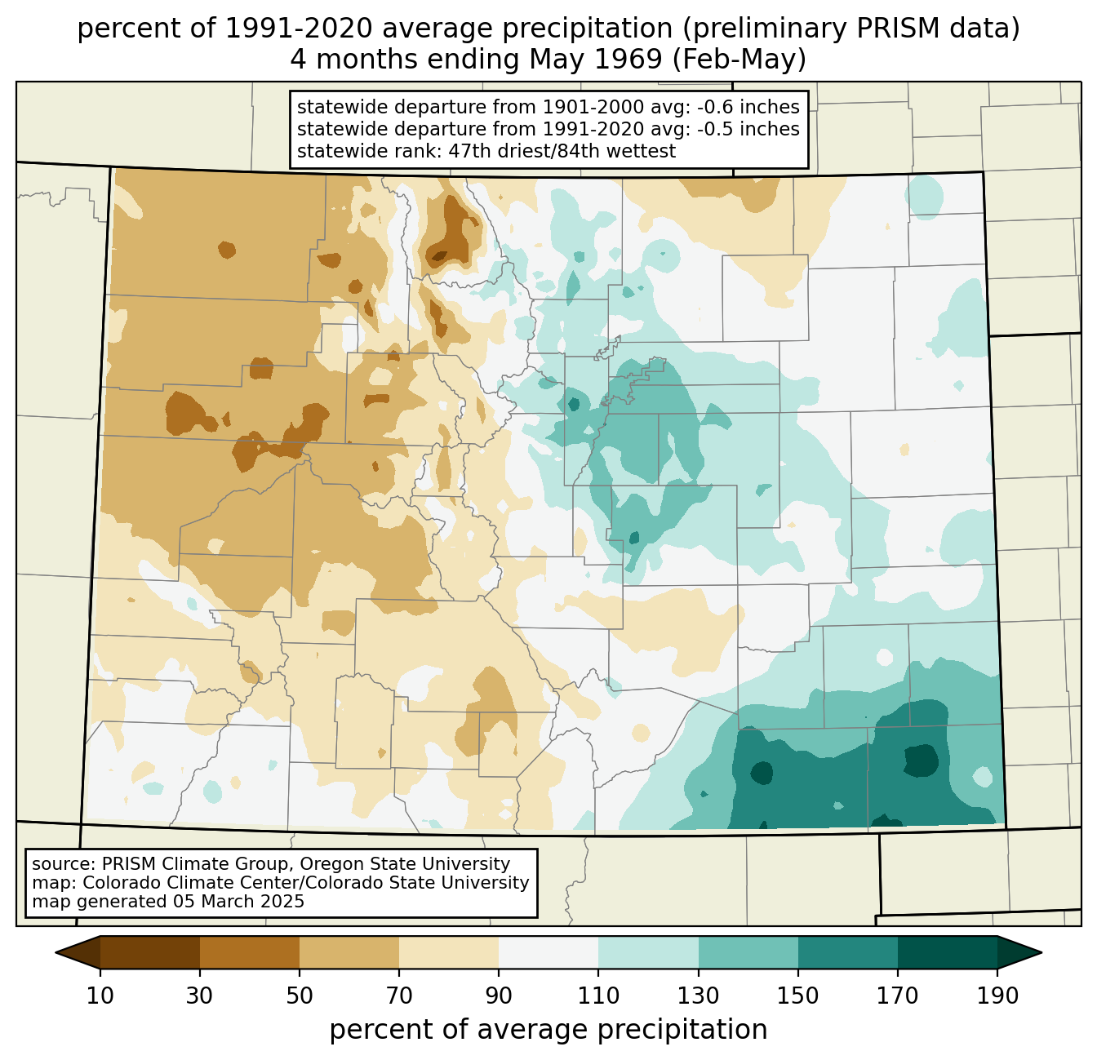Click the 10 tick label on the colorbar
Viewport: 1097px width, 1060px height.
pos(100,996)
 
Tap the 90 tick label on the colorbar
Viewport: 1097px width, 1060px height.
pos(499,996)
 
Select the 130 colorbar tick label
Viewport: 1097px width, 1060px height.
pos(698,996)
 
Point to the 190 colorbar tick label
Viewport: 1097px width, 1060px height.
pos(997,996)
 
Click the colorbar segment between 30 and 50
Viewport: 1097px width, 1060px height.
pos(249,952)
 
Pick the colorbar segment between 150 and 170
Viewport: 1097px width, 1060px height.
pos(847,952)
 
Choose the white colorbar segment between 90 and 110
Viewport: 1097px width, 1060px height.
pos(548,952)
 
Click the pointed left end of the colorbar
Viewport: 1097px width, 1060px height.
pos(56,952)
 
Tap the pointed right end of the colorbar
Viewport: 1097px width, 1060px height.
pos(1041,952)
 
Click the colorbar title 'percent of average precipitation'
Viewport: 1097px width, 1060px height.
pos(548,1029)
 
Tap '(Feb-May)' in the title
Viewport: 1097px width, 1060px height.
pos(739,60)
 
